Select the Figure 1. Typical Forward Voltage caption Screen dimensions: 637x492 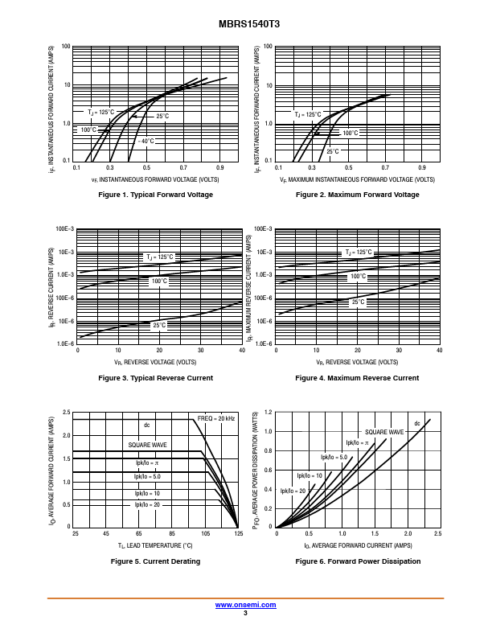click(155, 195)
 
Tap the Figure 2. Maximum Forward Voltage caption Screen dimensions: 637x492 click(357, 195)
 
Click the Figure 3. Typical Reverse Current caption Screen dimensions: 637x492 click(155, 378)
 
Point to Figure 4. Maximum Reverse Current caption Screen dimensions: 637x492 click(357, 378)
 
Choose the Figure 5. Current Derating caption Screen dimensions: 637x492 click(155, 561)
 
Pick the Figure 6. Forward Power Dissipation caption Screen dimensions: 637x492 click(357, 561)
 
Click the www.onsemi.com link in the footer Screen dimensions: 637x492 click(245, 604)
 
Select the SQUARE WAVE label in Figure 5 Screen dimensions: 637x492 click(147, 445)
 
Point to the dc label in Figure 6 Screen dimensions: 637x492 click(417, 424)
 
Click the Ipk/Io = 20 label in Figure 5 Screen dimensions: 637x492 click(147, 504)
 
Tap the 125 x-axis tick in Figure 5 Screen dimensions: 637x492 click(238, 534)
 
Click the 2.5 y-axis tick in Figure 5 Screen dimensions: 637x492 click(67, 413)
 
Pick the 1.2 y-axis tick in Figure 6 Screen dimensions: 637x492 click(269, 413)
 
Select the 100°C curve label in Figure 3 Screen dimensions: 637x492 click(158, 281)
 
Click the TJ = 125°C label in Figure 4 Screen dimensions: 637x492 click(359, 253)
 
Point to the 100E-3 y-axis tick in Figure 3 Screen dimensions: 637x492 click(64, 229)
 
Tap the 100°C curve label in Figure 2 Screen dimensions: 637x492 click(350, 133)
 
